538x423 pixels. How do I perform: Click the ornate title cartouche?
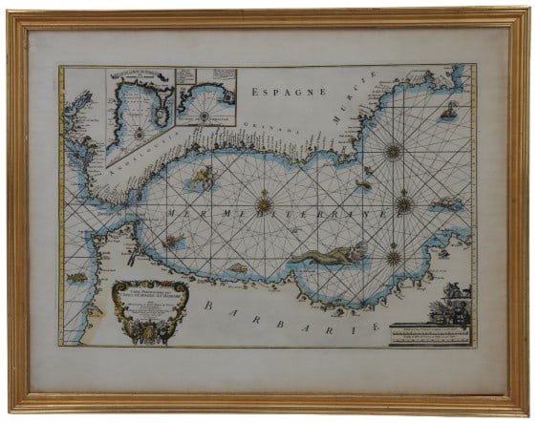pyautogui.click(x=147, y=304)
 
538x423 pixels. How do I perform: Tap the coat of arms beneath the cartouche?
pyautogui.click(x=147, y=330)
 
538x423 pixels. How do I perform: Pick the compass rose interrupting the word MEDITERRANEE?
pyautogui.click(x=265, y=204)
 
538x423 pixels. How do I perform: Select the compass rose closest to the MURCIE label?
pyautogui.click(x=392, y=150)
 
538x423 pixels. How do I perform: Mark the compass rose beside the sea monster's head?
pyautogui.click(x=393, y=255)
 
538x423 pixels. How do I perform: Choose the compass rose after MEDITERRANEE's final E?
pyautogui.click(x=404, y=203)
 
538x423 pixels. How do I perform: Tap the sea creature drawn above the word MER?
pyautogui.click(x=202, y=176)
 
